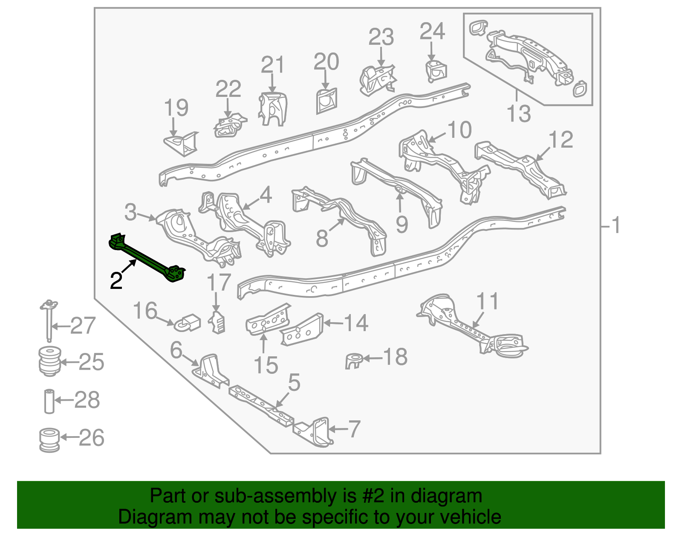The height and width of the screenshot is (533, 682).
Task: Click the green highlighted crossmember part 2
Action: pyautogui.click(x=147, y=259)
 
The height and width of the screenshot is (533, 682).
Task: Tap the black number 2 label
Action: pyautogui.click(x=116, y=281)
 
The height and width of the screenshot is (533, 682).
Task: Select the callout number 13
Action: pyautogui.click(x=518, y=114)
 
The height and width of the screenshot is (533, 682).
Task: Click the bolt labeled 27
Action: pyautogui.click(x=49, y=322)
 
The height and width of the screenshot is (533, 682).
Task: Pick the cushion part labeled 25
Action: pyautogui.click(x=49, y=361)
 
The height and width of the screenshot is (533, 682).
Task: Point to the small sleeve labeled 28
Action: pyautogui.click(x=49, y=401)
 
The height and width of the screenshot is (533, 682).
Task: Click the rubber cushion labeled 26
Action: pyautogui.click(x=49, y=440)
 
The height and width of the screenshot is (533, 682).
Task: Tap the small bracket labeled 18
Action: pyautogui.click(x=354, y=361)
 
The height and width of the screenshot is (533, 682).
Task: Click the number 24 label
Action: pyautogui.click(x=432, y=32)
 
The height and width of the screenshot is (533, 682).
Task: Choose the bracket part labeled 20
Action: pyautogui.click(x=326, y=101)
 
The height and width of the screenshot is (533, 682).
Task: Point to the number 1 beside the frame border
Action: pyautogui.click(x=615, y=225)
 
